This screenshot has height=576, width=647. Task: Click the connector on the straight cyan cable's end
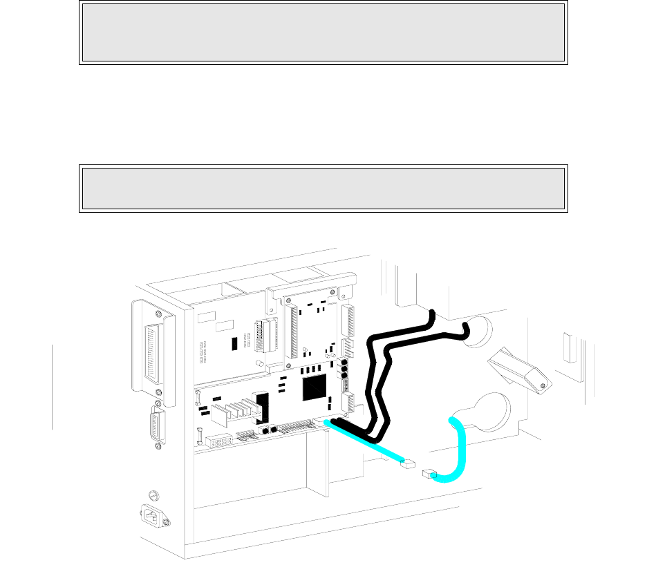click(410, 465)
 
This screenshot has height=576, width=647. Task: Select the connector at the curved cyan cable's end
click(429, 474)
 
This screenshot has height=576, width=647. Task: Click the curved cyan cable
click(460, 449)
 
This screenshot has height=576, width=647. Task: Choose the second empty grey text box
click(323, 189)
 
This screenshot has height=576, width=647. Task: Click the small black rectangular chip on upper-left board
click(235, 342)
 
